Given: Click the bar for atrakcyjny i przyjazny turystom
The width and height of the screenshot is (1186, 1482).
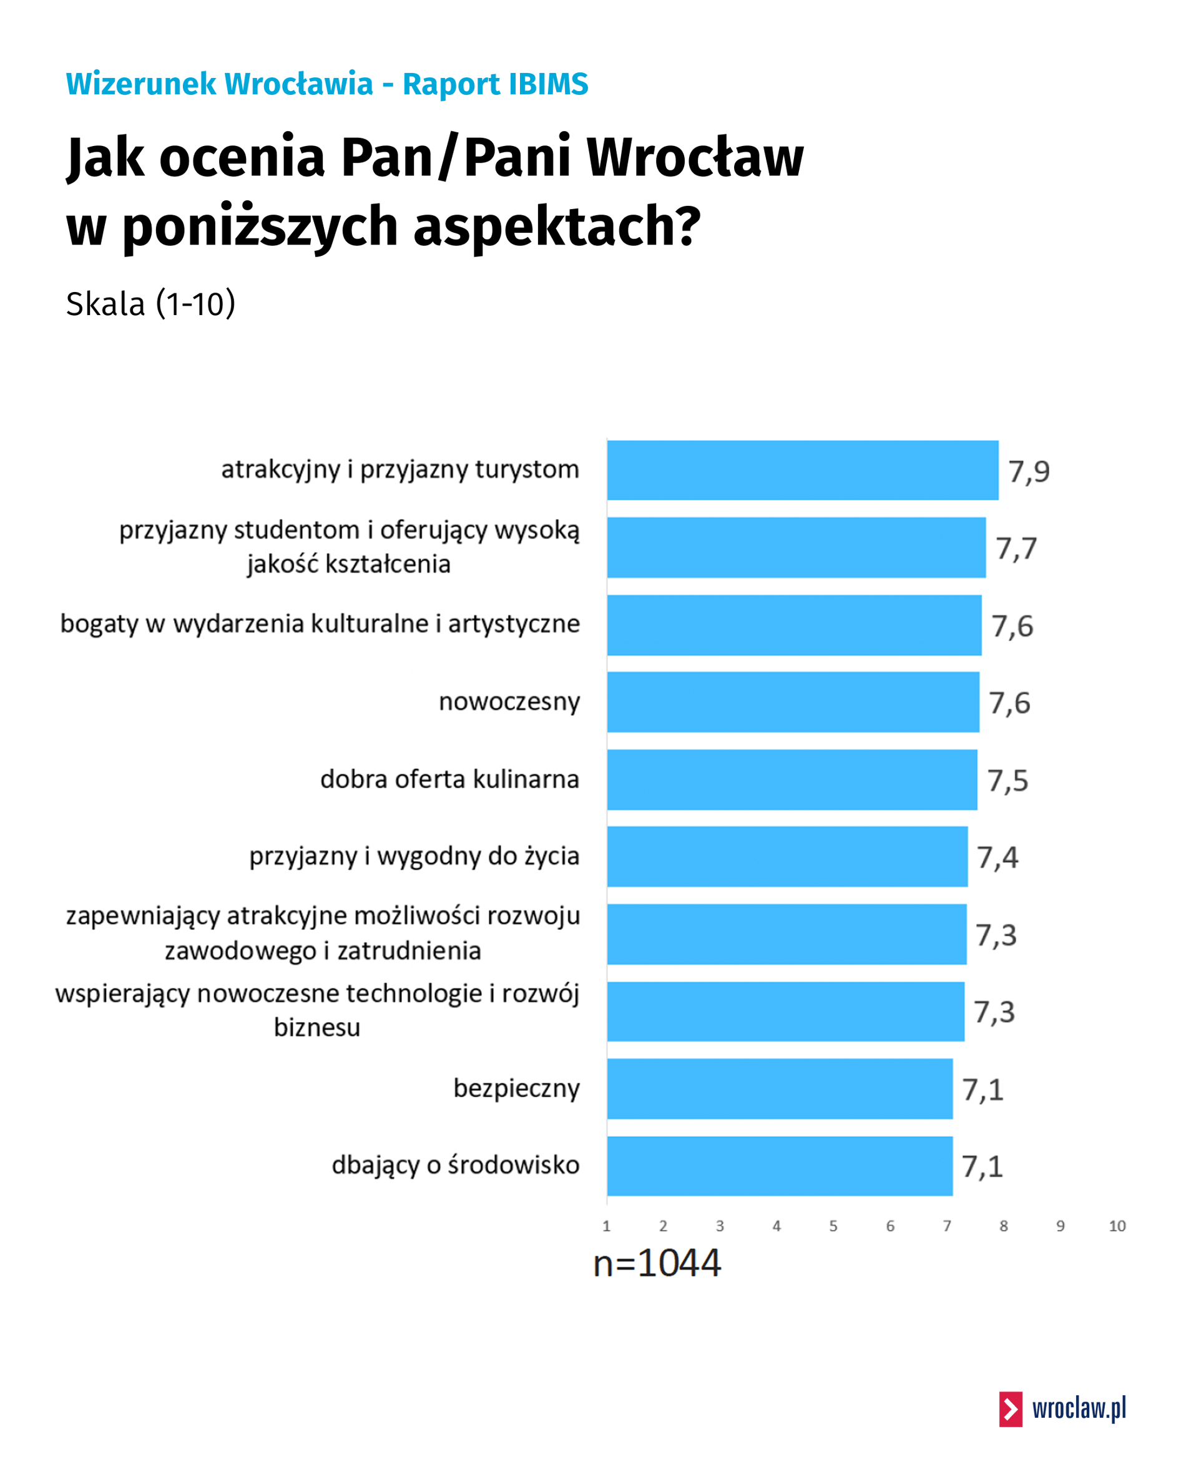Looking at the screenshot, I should (801, 470).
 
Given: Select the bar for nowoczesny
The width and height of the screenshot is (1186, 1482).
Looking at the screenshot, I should (792, 702).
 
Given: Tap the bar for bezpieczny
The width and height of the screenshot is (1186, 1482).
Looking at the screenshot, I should (779, 1089).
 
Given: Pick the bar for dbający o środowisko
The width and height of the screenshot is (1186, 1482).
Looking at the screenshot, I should (779, 1166).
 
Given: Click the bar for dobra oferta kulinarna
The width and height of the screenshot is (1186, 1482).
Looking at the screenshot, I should (791, 779).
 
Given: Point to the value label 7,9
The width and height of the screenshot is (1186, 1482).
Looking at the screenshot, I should (1029, 472).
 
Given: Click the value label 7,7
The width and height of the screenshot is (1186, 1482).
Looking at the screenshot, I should (1016, 548).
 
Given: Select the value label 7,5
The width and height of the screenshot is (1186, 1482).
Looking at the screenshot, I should (1007, 781).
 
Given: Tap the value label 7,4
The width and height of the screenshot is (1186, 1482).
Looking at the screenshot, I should (997, 858).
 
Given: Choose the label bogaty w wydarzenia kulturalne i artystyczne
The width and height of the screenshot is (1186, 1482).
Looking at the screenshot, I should (320, 624).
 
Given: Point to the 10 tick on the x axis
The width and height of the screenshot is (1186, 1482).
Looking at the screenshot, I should (1117, 1226).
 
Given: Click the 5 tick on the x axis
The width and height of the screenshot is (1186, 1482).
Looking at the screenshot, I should (833, 1226).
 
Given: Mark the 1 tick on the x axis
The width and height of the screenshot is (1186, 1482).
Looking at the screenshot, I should (605, 1226).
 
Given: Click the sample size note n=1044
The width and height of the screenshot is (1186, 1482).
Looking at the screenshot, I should (657, 1264).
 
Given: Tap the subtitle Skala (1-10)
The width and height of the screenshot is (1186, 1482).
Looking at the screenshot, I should (150, 304).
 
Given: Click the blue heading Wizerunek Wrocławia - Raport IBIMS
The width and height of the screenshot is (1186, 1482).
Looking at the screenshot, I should (326, 84).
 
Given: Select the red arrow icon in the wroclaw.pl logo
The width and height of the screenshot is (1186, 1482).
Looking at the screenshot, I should (1010, 1409).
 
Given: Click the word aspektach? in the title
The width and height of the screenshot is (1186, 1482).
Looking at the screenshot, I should (557, 225).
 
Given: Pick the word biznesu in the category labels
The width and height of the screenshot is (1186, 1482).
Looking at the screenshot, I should (317, 1028).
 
